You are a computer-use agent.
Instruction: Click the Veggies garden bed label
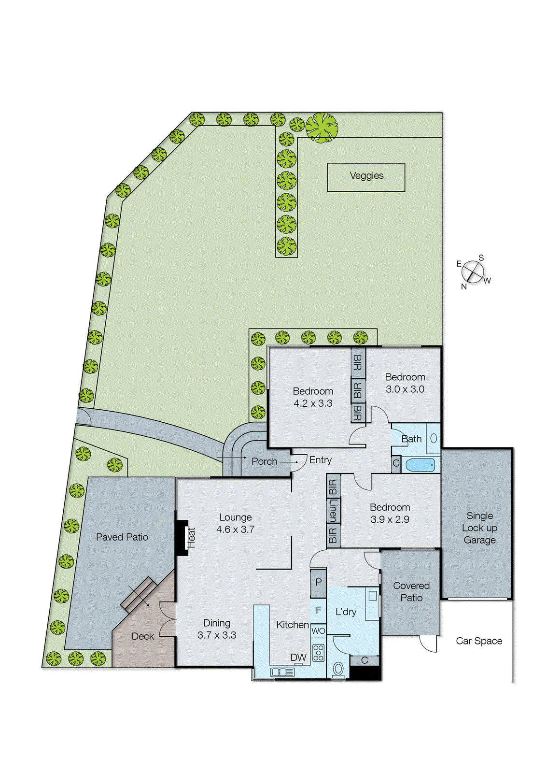coord(366,176)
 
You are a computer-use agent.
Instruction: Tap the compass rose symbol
coord(473,272)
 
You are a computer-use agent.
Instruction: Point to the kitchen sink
coord(282,672)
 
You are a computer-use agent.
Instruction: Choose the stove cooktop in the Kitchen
coord(318,653)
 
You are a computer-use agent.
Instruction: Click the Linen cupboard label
coord(333,511)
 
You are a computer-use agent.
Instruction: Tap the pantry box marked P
coord(318,582)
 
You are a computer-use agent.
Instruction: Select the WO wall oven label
coord(318,631)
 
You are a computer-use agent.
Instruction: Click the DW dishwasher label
coord(298,658)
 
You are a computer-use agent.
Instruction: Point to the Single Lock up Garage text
coord(479,528)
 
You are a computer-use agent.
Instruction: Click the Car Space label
coord(479,641)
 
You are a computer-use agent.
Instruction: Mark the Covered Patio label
coord(411,592)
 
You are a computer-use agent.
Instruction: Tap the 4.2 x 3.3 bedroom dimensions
coord(313,403)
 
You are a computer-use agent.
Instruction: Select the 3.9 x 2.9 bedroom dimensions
coord(390,520)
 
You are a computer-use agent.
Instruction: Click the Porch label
coord(264,461)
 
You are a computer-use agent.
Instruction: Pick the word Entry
coord(320,460)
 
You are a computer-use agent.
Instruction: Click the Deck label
coord(142,636)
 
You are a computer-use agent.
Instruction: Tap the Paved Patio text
coord(122,537)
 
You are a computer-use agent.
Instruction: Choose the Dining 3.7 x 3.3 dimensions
coord(217,635)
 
